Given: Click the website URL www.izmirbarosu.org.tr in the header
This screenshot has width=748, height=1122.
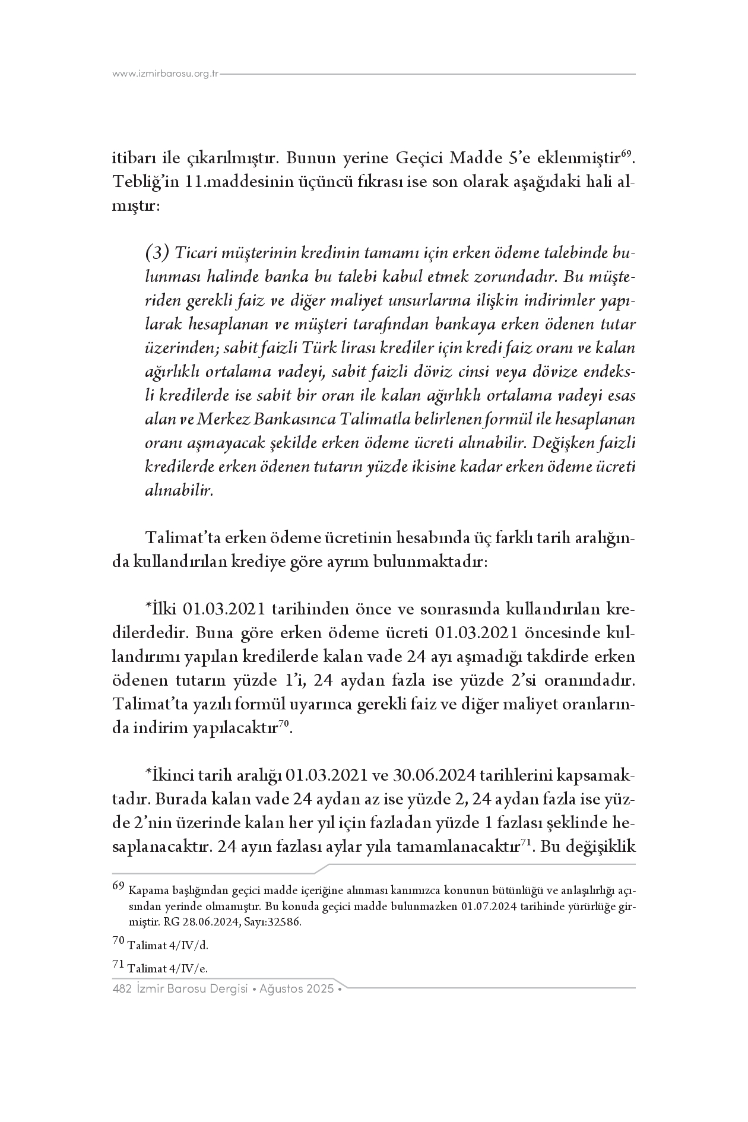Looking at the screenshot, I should pyautogui.click(x=166, y=74).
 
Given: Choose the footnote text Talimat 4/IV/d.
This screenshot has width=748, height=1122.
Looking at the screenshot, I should pyautogui.click(x=168, y=946).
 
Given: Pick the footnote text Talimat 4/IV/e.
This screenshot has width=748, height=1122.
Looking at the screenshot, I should pyautogui.click(x=168, y=968).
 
